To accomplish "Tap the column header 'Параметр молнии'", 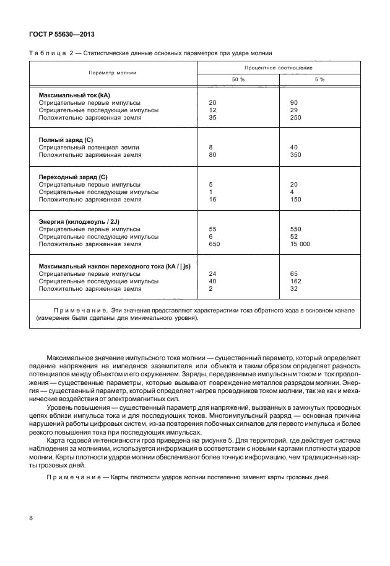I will click(x=112, y=73).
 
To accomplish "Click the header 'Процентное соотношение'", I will click(x=278, y=66).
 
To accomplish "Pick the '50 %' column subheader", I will click(x=238, y=80).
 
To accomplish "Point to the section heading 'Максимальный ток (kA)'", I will click(x=74, y=94).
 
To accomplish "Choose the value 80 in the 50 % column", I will click(x=214, y=155).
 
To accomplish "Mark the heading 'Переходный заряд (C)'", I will click(x=73, y=177).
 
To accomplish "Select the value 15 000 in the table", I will click(x=300, y=244).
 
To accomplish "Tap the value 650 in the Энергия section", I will click(x=215, y=244).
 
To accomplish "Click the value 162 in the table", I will click(x=295, y=281).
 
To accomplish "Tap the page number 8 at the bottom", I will click(x=32, y=518).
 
